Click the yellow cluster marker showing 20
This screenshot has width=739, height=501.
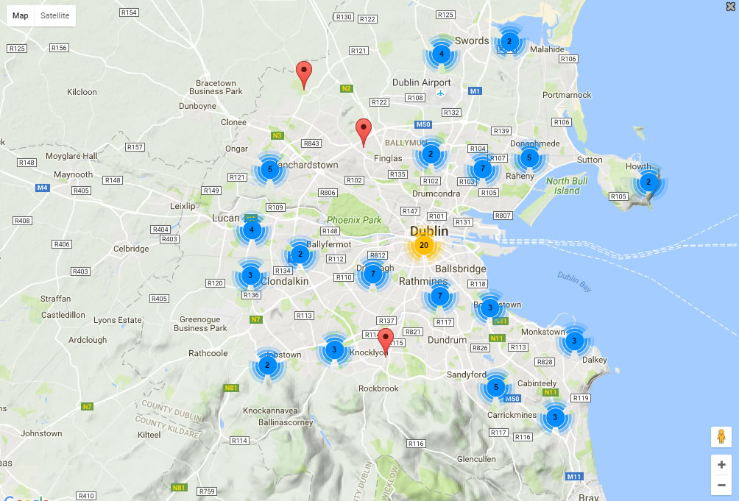(423, 245)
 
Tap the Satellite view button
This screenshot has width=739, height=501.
(55, 15)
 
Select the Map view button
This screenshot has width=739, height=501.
(21, 15)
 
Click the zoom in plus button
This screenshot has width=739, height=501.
(721, 465)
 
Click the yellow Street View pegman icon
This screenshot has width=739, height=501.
(721, 437)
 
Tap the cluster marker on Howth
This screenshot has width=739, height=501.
(648, 182)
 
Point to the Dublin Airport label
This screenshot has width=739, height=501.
(421, 83)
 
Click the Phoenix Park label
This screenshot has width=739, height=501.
(354, 219)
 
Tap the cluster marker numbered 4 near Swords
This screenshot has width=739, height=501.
(441, 54)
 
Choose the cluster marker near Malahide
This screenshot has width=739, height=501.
(509, 42)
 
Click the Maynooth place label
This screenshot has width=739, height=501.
(74, 174)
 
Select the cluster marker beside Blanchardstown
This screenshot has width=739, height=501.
(269, 169)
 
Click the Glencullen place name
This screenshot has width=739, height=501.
(476, 459)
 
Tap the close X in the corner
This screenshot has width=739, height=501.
(729, 7)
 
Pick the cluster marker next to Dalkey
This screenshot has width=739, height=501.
(573, 341)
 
